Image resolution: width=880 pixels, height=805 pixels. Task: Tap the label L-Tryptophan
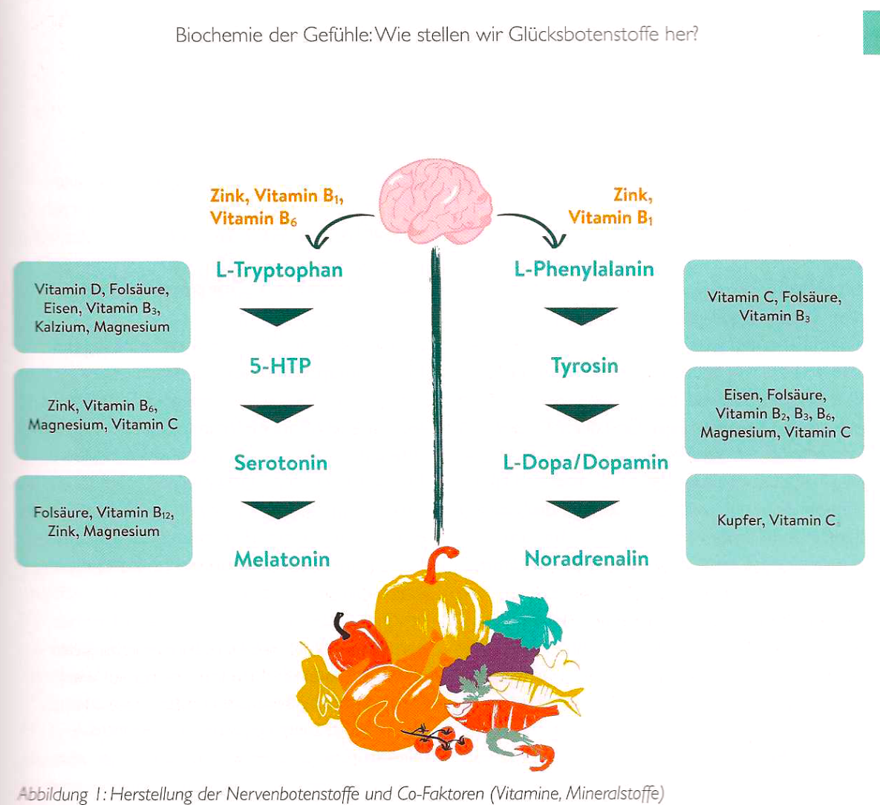[x=279, y=270]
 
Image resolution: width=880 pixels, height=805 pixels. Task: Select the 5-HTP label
[x=280, y=366]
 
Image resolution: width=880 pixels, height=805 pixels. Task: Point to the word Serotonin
[x=281, y=463]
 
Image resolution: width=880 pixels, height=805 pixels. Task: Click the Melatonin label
[x=281, y=559]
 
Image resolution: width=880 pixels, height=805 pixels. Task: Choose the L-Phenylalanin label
[x=584, y=269]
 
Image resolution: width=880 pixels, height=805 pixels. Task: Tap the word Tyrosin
[x=584, y=366]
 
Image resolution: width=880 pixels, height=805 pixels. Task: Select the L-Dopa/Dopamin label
[x=585, y=463]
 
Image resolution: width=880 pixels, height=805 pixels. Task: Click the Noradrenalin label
[x=586, y=558]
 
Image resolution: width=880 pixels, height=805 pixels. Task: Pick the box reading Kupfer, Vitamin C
[x=775, y=520]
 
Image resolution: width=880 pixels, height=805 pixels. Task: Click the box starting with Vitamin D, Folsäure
[x=102, y=307]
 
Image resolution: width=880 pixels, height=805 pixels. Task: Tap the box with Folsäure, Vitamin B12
[x=103, y=521]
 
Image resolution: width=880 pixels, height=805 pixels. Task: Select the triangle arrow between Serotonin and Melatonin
[x=278, y=509]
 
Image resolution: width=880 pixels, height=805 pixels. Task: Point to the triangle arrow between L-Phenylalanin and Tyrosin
[x=581, y=315]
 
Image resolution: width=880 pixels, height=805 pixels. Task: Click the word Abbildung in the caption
[x=52, y=794]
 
